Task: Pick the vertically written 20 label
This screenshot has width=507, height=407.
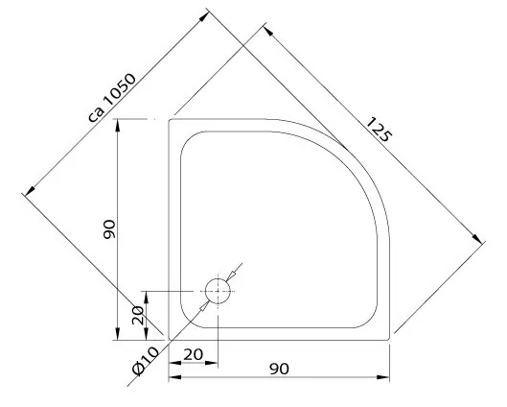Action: point(137,314)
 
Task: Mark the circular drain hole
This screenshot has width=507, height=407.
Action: point(219,291)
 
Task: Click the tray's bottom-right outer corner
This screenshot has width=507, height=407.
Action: point(389,340)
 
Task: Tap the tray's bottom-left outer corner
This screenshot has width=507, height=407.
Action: point(170,340)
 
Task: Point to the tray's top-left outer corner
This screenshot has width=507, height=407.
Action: point(171,120)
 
